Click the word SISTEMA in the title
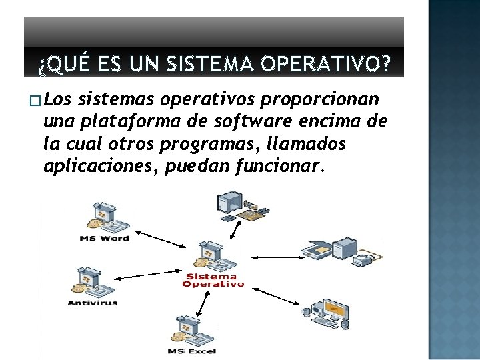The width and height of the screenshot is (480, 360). coord(210,64)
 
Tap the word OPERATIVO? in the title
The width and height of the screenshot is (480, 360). coord(326,64)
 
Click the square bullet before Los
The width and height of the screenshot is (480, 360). coord(35,101)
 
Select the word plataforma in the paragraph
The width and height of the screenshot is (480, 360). coord(131,122)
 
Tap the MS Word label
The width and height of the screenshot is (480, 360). coord(104,239)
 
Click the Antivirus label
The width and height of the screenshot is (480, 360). coord(93,303)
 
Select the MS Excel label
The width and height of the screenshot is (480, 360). coord(192,351)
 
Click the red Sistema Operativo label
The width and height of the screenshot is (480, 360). coord(213,281)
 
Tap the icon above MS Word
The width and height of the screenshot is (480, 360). coord(108,217)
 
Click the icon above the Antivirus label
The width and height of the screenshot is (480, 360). coord(93,281)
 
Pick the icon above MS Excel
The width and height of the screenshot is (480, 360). coord(192,330)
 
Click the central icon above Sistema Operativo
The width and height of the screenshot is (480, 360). coord(215,255)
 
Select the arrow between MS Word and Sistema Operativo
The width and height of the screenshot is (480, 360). coord(160,239)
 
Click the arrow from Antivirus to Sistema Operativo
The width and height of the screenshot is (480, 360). coord(147,275)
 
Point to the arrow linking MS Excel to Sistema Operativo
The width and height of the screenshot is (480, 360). coord(203,304)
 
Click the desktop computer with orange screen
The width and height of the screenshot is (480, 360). coord(326,314)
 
